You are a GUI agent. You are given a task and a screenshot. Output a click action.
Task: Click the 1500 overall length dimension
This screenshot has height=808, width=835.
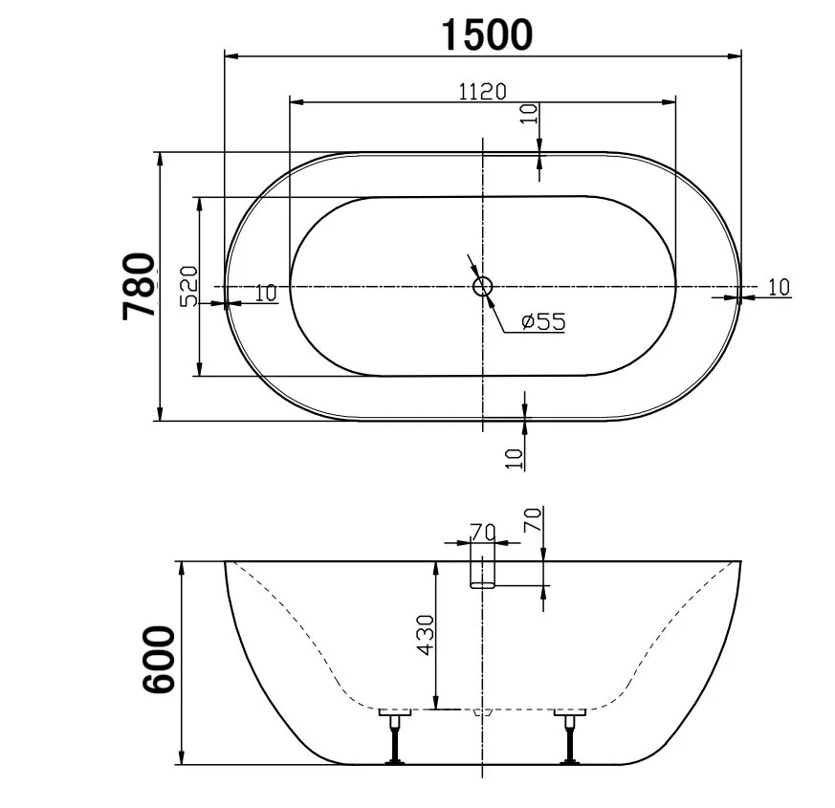click(x=485, y=34)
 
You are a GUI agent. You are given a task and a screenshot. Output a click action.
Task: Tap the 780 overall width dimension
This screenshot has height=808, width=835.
click(x=140, y=286)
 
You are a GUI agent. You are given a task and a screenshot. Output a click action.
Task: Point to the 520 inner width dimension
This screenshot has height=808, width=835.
click(x=188, y=286)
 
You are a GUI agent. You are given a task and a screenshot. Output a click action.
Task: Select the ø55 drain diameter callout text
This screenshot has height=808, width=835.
click(x=543, y=322)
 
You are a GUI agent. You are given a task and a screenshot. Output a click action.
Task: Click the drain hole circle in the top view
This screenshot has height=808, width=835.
click(x=483, y=285)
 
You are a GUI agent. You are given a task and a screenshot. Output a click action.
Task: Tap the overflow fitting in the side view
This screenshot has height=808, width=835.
click(x=484, y=572)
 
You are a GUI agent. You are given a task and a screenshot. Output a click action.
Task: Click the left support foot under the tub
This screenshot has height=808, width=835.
click(x=394, y=736)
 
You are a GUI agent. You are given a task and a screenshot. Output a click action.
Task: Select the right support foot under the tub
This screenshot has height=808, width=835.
click(x=571, y=736)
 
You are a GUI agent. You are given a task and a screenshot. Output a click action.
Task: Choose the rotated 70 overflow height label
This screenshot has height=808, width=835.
click(x=533, y=521)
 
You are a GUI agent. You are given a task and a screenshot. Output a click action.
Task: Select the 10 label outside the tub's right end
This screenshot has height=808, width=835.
click(x=779, y=286)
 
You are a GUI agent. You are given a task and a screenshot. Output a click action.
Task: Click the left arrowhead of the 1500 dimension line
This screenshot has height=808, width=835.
click(x=231, y=55)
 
